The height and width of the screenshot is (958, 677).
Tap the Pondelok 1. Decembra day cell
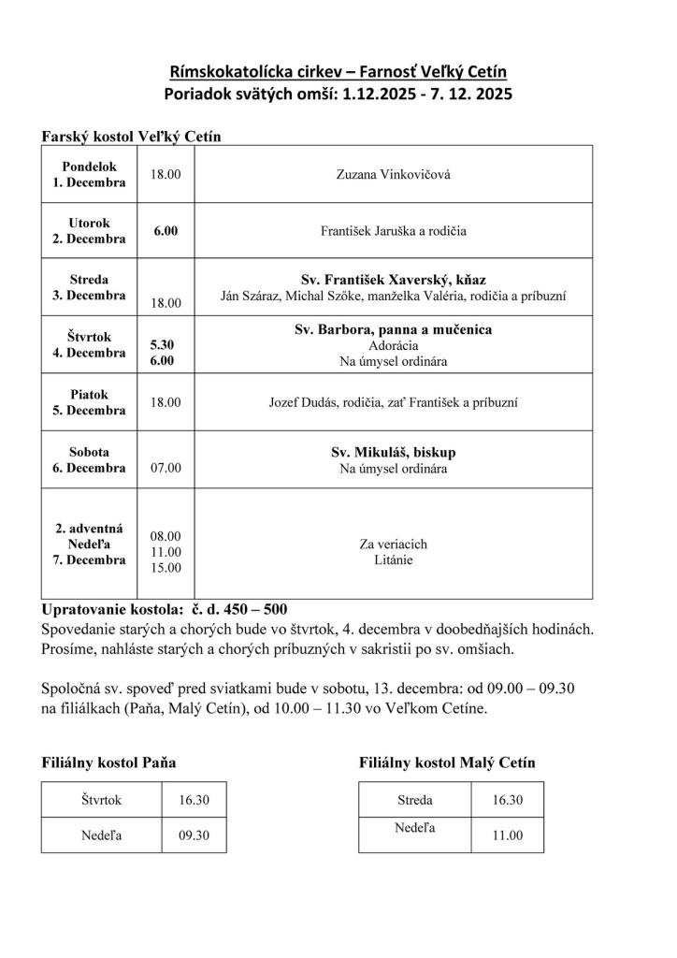(89, 175)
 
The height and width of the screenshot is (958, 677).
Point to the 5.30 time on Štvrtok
(162, 345)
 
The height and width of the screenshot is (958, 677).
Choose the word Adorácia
(393, 345)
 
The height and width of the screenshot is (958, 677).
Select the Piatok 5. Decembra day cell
(89, 402)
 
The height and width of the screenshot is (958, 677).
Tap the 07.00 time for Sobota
(166, 467)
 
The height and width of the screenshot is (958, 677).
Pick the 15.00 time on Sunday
(166, 567)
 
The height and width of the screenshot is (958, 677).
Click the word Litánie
(393, 560)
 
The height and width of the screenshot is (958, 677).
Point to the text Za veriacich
(393, 544)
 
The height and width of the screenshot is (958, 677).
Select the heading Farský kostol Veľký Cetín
(137, 137)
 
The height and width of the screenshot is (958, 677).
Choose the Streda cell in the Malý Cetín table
(413, 800)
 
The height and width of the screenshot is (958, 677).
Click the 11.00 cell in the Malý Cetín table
(508, 835)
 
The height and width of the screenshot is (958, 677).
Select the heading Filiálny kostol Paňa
(109, 763)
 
